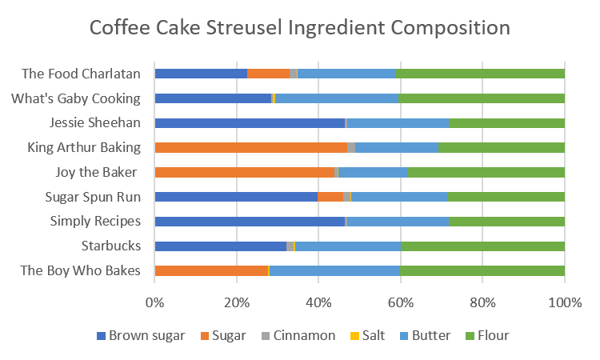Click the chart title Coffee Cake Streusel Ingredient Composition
coord(299,28)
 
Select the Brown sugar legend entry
coord(140,335)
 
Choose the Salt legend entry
coord(370,335)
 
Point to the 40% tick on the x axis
coord(318,302)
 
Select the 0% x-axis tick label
coord(154,302)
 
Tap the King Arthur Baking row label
coord(84,147)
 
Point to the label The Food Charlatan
coord(81,74)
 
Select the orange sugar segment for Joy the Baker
coord(244,172)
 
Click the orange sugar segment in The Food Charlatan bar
coord(268,74)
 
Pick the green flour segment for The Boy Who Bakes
coord(482,270)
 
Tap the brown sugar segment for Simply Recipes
coord(249,221)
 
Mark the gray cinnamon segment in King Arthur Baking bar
coord(350,147)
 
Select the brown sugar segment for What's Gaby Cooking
coord(213,98)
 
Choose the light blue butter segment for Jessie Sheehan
coord(398,123)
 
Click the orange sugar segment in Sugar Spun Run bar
coord(330,197)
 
